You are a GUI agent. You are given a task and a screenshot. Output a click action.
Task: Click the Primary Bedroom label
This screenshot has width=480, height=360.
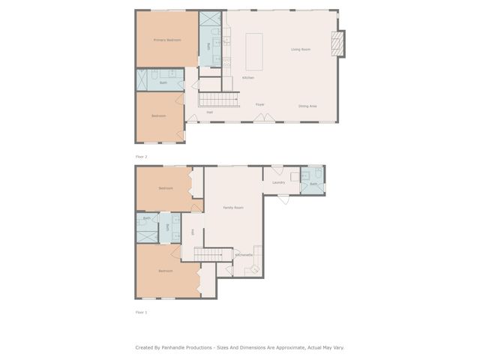(x=167, y=40)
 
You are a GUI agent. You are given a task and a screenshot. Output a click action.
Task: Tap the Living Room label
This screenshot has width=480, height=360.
(x=301, y=49)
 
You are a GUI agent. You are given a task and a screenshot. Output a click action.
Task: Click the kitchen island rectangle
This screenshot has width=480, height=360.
(x=255, y=50)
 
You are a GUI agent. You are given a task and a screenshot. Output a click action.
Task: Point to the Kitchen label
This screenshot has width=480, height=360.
(x=248, y=78)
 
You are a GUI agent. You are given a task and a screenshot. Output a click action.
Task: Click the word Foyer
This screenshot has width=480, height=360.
(x=260, y=104)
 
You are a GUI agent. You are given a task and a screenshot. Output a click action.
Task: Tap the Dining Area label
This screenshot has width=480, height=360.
(x=307, y=106)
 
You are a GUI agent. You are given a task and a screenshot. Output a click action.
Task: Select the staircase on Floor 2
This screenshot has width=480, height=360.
(x=218, y=99)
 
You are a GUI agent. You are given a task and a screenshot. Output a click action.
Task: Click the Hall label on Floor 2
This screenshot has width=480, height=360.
(x=210, y=112)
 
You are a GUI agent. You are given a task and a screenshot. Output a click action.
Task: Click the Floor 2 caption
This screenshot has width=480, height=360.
(x=141, y=157)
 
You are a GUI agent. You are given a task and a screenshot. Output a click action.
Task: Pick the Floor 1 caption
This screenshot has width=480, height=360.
(x=141, y=311)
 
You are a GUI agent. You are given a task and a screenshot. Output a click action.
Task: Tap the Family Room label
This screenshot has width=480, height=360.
(x=233, y=207)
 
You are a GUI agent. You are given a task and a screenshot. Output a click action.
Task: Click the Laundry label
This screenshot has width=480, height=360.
(x=278, y=182)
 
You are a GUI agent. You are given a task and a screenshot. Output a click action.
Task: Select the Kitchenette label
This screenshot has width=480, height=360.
(x=244, y=255)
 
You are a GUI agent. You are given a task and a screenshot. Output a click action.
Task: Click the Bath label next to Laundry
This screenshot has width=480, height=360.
(x=314, y=184)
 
